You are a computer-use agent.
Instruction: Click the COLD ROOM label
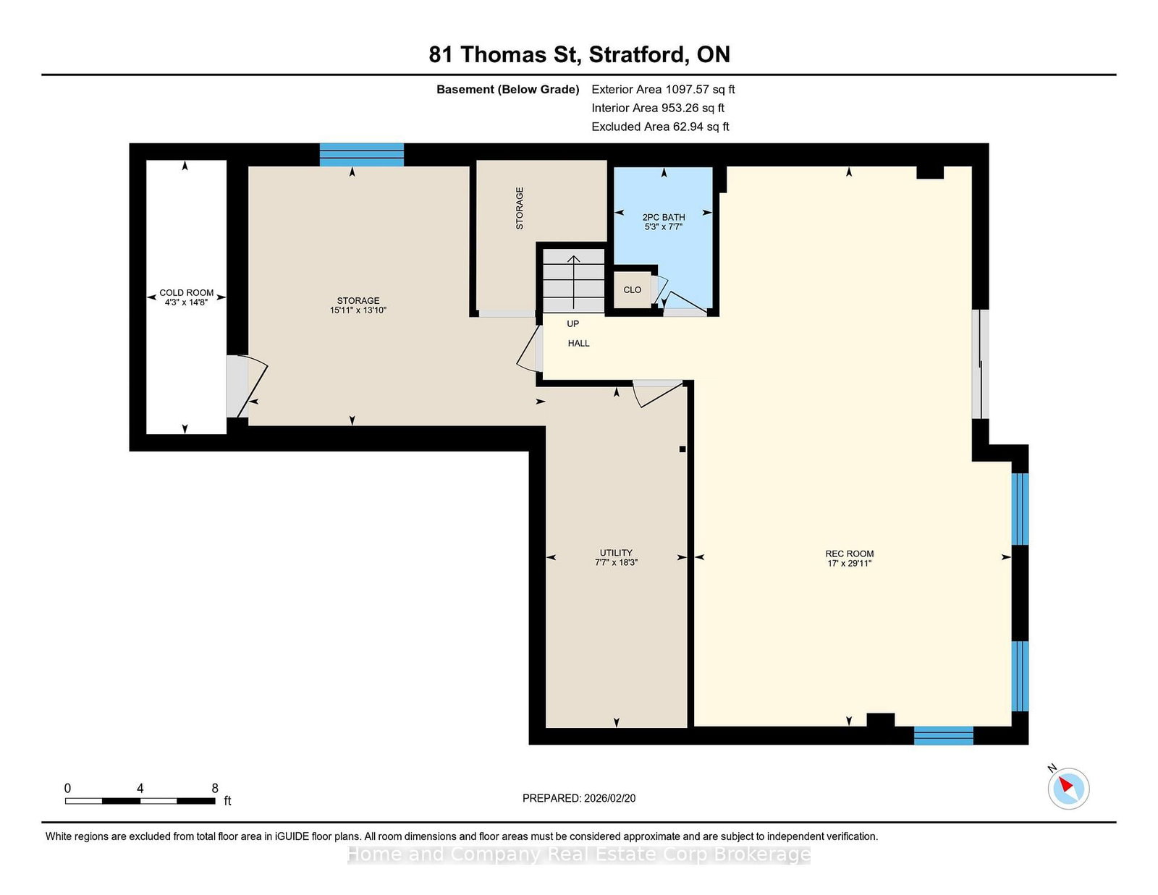(x=186, y=292)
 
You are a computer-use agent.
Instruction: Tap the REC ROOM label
(x=850, y=553)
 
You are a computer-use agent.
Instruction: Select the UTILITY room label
(x=616, y=553)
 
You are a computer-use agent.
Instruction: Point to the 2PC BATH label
(x=664, y=217)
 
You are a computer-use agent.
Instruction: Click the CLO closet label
(x=632, y=290)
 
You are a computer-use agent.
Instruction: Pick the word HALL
(x=578, y=343)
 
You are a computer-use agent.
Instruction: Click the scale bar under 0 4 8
(x=140, y=801)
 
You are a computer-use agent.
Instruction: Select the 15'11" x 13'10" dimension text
(x=358, y=310)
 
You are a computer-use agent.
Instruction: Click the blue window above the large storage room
(x=361, y=155)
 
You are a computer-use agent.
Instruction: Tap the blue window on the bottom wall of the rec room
(x=943, y=735)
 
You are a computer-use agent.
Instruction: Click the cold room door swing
(x=252, y=386)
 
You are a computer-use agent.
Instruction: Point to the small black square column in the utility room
(x=682, y=449)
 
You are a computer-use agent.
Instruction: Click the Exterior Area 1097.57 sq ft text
(x=663, y=90)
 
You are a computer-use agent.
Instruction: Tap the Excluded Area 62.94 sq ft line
(x=660, y=127)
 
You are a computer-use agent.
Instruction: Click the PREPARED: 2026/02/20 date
(x=579, y=798)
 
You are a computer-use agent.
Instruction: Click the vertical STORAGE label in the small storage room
(x=520, y=208)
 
